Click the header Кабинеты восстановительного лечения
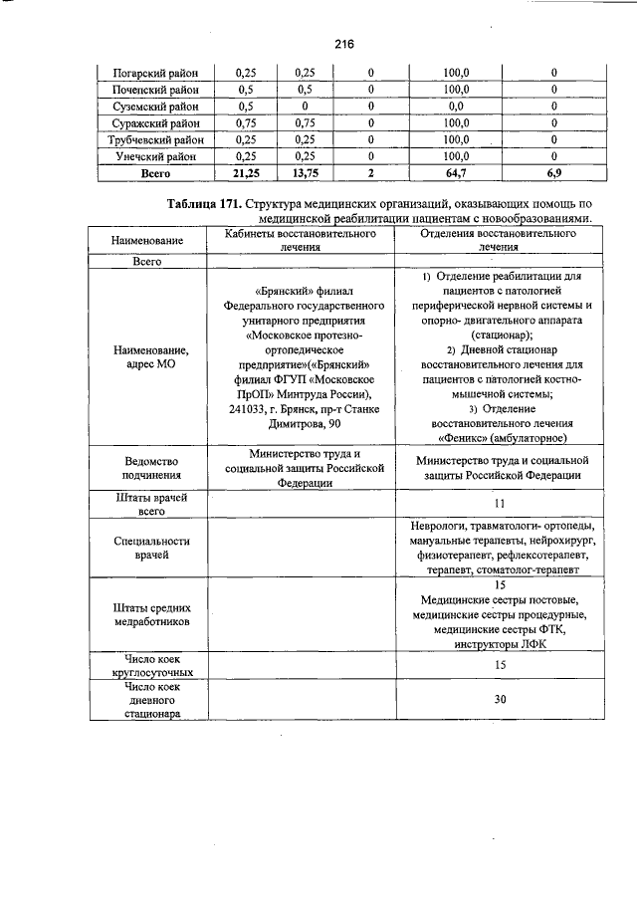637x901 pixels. tap(300, 240)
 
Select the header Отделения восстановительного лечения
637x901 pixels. tap(500, 240)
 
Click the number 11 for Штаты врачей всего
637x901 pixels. tap(500, 504)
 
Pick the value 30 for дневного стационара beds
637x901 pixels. tap(500, 699)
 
